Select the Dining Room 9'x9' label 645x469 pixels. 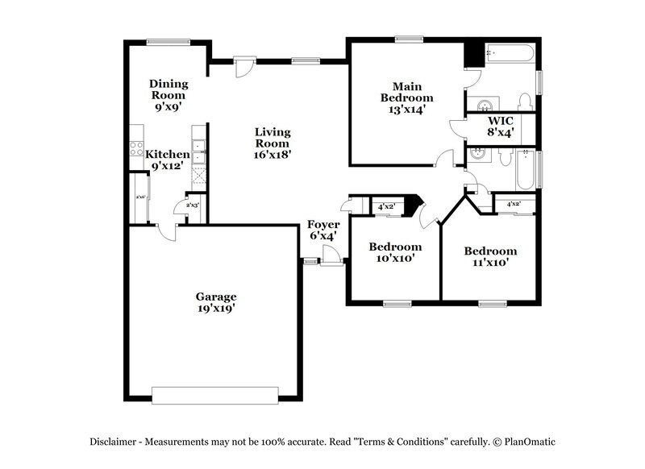[x=169, y=93]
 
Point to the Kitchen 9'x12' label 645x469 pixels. [x=167, y=160]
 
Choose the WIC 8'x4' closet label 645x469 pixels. [x=501, y=126]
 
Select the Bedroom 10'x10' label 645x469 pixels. [x=395, y=252]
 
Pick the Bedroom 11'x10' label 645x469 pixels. [x=490, y=256]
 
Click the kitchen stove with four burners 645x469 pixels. [x=136, y=149]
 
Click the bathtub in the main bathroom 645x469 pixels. [x=509, y=53]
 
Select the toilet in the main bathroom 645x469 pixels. [x=525, y=101]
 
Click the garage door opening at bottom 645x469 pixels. [x=215, y=394]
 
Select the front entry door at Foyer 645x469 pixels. [x=330, y=256]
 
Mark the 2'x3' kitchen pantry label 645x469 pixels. [x=193, y=205]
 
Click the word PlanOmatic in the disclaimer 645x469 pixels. [x=530, y=441]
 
